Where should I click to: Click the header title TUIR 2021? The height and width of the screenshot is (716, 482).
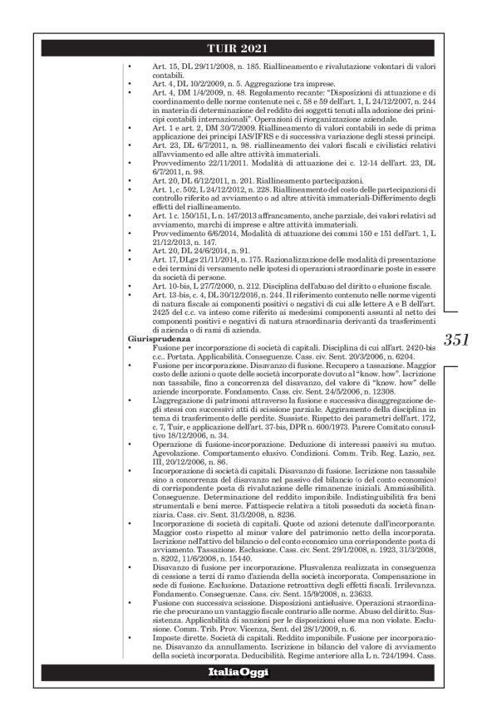point(240,47)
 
